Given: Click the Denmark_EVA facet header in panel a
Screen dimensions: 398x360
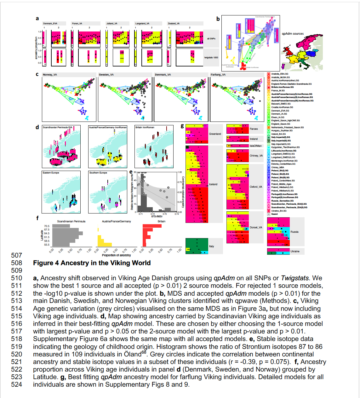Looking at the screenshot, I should [50, 23].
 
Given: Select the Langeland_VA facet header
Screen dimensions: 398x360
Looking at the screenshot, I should [142, 23].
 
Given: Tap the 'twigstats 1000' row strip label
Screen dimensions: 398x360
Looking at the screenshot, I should [211, 57].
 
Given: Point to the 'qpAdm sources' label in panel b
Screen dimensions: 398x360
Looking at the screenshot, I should [293, 34].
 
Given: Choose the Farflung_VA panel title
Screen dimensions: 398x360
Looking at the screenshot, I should [218, 75].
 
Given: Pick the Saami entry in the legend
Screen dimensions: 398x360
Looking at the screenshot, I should [275, 214].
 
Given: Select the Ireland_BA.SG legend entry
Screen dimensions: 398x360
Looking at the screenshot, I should [278, 134].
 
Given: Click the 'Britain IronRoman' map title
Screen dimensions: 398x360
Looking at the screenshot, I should [145, 127].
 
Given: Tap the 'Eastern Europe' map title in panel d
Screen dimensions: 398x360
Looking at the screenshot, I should [51, 173].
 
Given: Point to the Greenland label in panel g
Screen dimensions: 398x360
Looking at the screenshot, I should [215, 134].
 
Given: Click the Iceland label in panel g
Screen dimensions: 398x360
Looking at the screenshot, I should [213, 184].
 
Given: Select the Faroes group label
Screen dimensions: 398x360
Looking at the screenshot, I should [254, 129].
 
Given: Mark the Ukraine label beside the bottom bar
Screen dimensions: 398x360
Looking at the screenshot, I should [295, 251].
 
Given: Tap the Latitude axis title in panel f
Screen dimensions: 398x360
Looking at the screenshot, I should [42, 235].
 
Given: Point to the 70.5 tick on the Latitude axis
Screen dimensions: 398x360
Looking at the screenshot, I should [47, 226].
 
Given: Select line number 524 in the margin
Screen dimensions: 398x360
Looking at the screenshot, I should [17, 384].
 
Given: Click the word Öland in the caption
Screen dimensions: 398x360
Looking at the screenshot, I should [133, 354].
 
